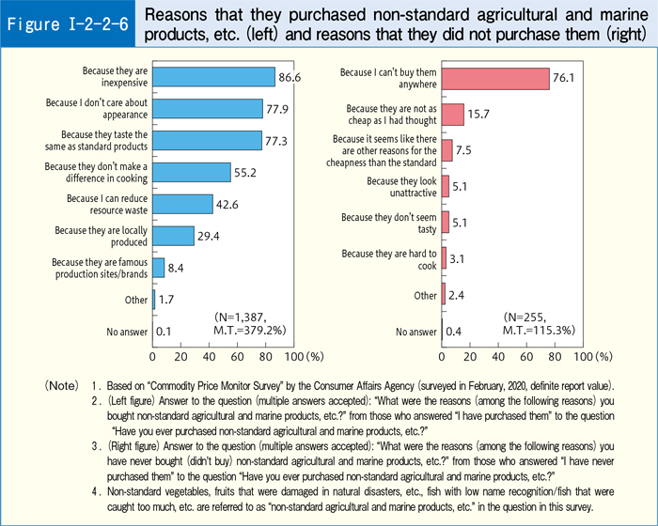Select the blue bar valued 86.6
213,76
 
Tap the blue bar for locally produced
173,236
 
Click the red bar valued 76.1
495,78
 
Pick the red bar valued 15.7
453,115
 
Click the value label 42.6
229,205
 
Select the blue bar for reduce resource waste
182,204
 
